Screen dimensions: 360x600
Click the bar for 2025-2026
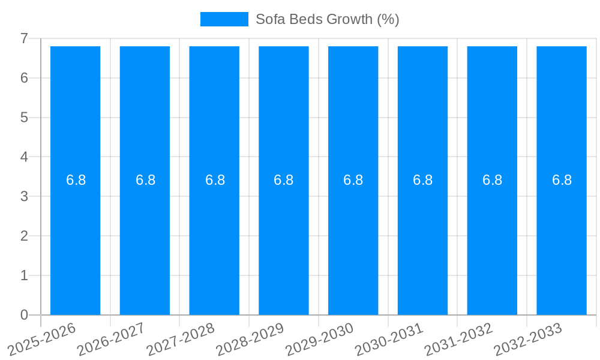click(75, 240)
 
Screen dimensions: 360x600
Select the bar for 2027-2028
click(214, 240)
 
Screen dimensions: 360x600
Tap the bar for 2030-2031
click(422, 240)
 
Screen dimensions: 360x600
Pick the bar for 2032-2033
click(562, 240)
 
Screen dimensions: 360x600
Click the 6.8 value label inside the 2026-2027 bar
click(145, 180)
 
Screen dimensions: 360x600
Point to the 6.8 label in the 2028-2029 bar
click(283, 180)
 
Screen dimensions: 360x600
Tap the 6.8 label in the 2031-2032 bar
click(492, 180)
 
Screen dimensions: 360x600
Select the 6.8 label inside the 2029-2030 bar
click(353, 180)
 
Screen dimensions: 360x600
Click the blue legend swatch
click(224, 19)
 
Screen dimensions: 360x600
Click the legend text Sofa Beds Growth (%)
click(327, 19)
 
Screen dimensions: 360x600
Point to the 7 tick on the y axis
click(24, 38)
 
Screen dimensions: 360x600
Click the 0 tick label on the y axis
click(24, 315)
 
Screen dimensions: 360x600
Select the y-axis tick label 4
click(24, 157)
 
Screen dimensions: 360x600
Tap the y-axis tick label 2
click(24, 236)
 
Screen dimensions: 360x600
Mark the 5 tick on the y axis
click(24, 118)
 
